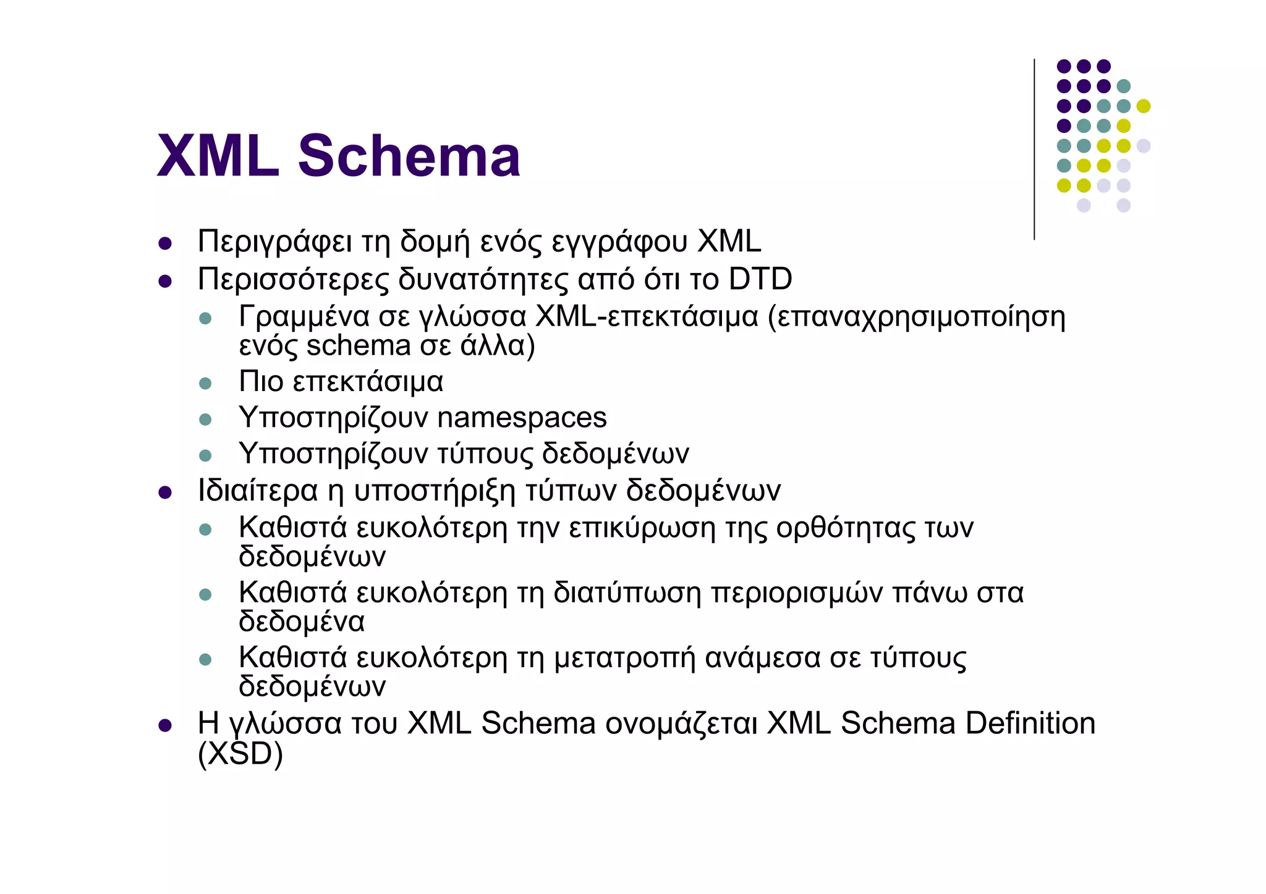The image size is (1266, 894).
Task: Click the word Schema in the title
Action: pyautogui.click(x=409, y=156)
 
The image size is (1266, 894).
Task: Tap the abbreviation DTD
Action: pyautogui.click(x=760, y=279)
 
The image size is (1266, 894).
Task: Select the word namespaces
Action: pyautogui.click(x=522, y=418)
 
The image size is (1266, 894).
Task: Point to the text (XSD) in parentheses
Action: pyautogui.click(x=240, y=754)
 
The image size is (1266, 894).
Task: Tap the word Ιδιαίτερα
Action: pyautogui.click(x=258, y=491)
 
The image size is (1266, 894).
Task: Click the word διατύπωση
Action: pyautogui.click(x=627, y=593)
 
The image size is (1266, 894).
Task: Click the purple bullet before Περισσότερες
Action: pyautogui.click(x=164, y=282)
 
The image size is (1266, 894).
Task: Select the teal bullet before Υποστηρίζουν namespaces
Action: pyautogui.click(x=206, y=420)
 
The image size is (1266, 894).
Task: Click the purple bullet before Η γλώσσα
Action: pyautogui.click(x=164, y=725)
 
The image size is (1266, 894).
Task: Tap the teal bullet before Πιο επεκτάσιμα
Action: pyautogui.click(x=206, y=384)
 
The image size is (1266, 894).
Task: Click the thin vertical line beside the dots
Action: pyautogui.click(x=1034, y=149)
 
